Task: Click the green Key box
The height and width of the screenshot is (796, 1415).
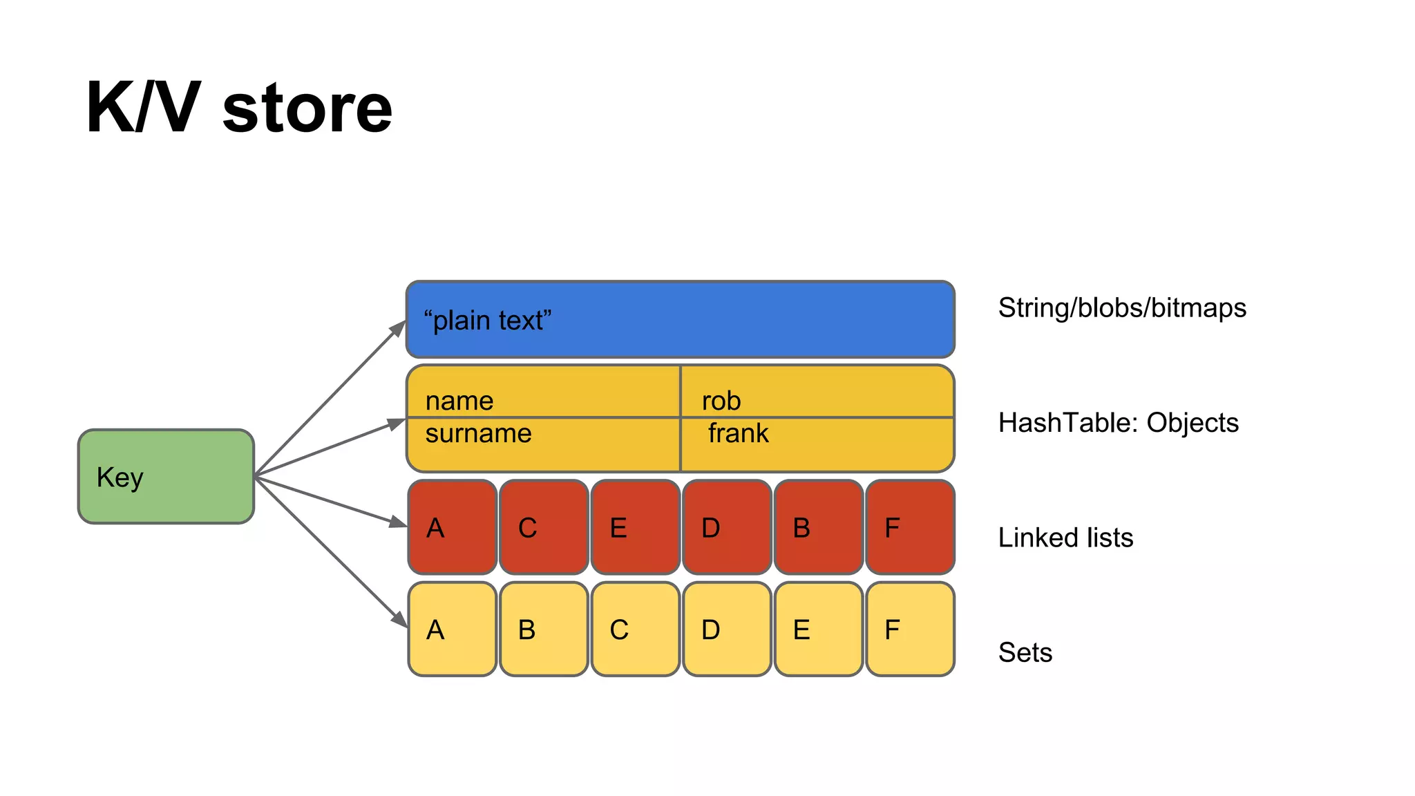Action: pos(166,476)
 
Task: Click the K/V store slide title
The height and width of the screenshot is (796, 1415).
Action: pos(239,108)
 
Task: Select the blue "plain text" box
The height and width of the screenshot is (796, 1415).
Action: pos(680,320)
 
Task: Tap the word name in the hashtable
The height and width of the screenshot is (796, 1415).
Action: pos(459,401)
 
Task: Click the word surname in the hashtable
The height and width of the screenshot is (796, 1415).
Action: pos(478,433)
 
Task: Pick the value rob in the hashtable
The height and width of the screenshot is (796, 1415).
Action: pos(721,401)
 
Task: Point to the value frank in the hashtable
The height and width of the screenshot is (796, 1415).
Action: pos(738,433)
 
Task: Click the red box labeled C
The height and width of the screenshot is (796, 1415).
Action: pos(544,527)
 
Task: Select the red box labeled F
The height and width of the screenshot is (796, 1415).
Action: pos(910,527)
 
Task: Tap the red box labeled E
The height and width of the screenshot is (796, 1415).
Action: pos(635,527)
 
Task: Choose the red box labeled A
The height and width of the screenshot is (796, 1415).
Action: pos(453,527)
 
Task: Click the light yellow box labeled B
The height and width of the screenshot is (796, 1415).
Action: pos(544,629)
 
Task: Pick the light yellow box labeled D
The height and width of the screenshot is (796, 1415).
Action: pos(727,629)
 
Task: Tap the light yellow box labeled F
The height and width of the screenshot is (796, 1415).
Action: pos(910,629)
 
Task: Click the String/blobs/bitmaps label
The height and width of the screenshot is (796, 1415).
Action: pos(1122,307)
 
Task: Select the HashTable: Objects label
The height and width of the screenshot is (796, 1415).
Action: pos(1118,422)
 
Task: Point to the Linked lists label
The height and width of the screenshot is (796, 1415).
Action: pos(1065,538)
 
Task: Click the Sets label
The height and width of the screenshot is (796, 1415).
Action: pos(1025,652)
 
